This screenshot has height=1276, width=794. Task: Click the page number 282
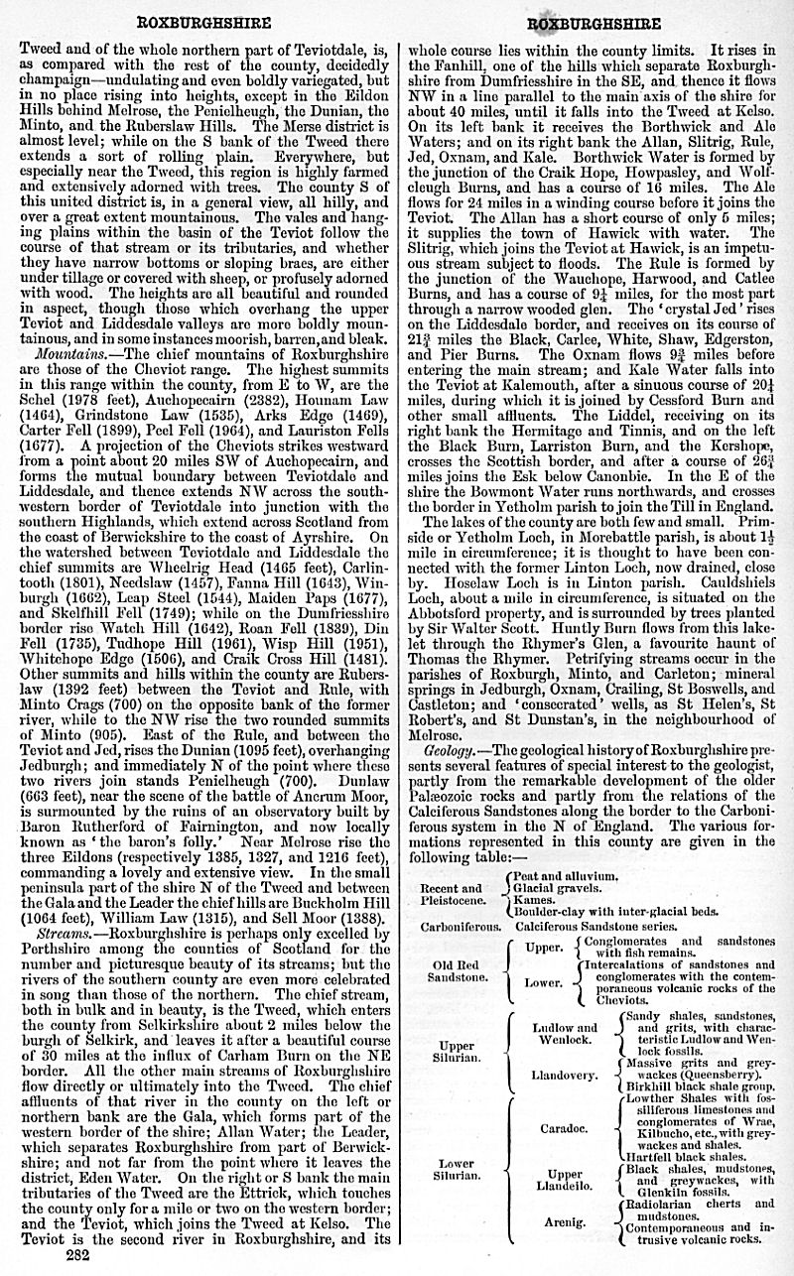tap(76, 1255)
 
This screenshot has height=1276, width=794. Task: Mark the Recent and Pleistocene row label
tap(452, 895)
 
